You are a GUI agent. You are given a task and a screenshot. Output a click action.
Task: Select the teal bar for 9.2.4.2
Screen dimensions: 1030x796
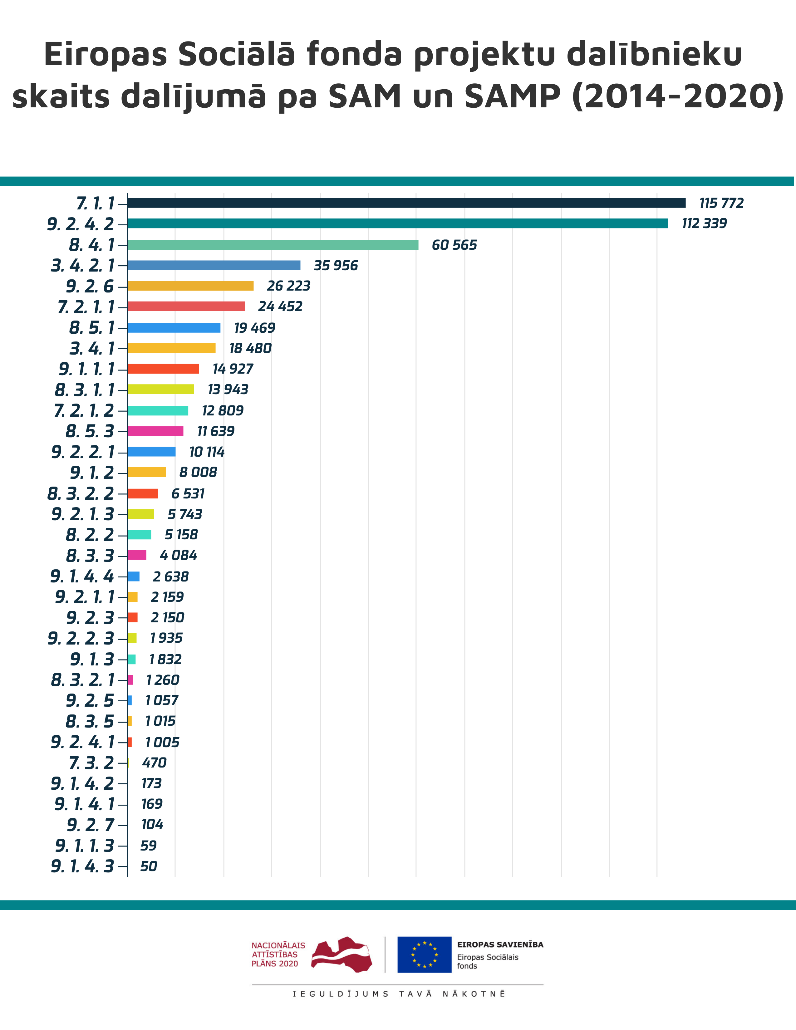click(397, 223)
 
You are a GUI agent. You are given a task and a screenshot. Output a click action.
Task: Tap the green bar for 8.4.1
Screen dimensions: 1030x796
click(273, 245)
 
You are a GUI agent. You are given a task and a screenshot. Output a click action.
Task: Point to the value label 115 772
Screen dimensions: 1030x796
click(721, 203)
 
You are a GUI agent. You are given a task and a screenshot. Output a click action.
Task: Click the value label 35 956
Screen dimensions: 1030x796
click(336, 266)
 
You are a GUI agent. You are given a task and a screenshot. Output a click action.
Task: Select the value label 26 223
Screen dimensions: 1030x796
click(289, 286)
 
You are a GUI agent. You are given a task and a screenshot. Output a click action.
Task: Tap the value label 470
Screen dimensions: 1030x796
click(154, 763)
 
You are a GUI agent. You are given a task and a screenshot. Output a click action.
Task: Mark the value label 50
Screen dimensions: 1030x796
click(149, 866)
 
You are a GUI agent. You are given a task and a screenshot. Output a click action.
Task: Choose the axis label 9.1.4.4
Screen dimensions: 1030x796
click(82, 576)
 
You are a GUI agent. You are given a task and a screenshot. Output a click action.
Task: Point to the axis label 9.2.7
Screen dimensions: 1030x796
click(91, 825)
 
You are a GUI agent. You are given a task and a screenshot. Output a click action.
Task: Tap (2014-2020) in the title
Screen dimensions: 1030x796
click(678, 96)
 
